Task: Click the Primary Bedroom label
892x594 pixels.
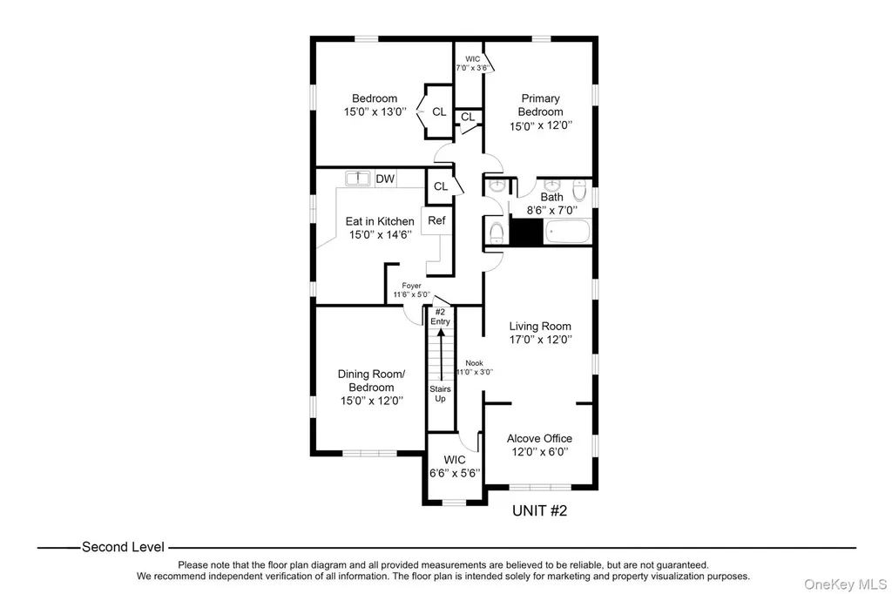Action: point(540,112)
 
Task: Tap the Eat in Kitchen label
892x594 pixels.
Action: point(380,227)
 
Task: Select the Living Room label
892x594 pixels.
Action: point(540,333)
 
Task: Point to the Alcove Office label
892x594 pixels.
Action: point(539,445)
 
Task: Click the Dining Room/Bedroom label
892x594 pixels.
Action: point(371,387)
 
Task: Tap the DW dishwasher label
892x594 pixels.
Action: point(385,179)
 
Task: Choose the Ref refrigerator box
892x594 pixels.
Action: point(437,220)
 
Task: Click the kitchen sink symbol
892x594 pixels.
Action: point(358,178)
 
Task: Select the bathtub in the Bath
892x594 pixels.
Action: point(568,233)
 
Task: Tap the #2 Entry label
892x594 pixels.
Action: point(440,316)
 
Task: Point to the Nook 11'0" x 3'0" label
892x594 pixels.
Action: point(475,368)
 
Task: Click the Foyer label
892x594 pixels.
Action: point(411,286)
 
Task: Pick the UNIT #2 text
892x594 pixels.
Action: point(539,510)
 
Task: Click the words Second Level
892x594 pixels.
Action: point(123,547)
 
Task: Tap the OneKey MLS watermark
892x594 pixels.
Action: point(845,584)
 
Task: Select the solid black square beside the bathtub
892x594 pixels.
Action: point(526,233)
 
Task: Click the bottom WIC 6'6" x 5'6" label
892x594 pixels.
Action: point(455,467)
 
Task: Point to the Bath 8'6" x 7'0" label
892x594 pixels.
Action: point(551,204)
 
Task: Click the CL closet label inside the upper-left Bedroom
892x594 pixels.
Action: point(439,112)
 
